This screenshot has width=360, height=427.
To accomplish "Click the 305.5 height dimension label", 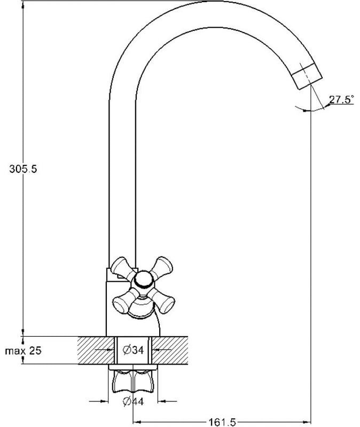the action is (x=23, y=169).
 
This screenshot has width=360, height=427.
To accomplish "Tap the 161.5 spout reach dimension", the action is (x=222, y=422).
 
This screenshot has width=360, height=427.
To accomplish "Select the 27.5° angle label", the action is (x=341, y=99).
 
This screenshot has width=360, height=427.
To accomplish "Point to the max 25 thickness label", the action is (x=24, y=351).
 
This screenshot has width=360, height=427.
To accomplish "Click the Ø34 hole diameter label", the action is (x=133, y=350).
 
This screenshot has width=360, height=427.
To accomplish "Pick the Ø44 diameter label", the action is (x=133, y=401).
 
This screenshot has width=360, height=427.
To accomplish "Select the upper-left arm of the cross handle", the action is (x=123, y=267).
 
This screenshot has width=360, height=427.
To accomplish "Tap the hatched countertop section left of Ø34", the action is (x=96, y=350).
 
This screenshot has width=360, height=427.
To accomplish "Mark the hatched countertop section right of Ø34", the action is (x=170, y=350).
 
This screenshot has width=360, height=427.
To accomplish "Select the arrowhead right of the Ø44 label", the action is (x=162, y=401).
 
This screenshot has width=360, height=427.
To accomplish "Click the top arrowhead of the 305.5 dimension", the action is (x=23, y=6).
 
